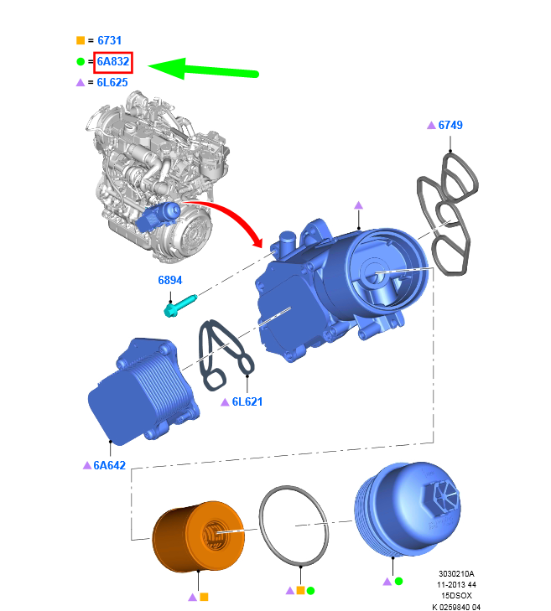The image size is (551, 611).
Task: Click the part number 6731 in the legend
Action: click(109, 40)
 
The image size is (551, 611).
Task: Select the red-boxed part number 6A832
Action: click(113, 61)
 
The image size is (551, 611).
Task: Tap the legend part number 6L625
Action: click(112, 83)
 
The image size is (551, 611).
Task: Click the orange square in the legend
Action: click(81, 40)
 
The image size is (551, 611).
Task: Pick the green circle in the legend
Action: click(81, 61)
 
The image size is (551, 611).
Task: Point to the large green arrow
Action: click(203, 70)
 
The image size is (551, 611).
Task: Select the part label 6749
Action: click(450, 125)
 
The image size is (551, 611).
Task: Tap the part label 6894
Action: click(170, 280)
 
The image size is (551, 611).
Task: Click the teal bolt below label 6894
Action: click(180, 306)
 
